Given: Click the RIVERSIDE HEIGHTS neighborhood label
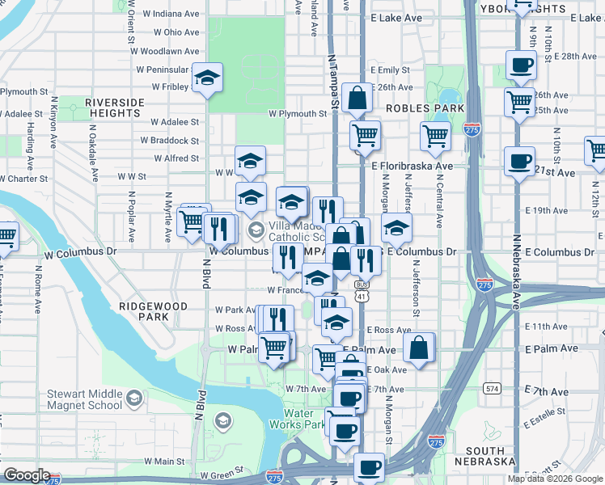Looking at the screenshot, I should click(115, 108).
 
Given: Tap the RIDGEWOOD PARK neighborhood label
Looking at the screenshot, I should click(153, 312).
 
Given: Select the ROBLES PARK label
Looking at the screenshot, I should click(425, 108).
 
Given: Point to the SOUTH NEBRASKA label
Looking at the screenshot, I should click(484, 455).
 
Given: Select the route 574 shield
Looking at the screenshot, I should click(492, 388).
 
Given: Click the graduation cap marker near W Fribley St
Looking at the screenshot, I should click(207, 78).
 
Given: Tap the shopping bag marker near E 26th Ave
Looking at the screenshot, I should click(357, 99).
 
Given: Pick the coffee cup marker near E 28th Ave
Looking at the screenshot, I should click(520, 64).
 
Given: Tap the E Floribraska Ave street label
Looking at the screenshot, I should click(412, 166).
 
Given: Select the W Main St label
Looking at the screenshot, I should click(165, 461).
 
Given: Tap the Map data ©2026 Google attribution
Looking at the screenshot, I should click(554, 479).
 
